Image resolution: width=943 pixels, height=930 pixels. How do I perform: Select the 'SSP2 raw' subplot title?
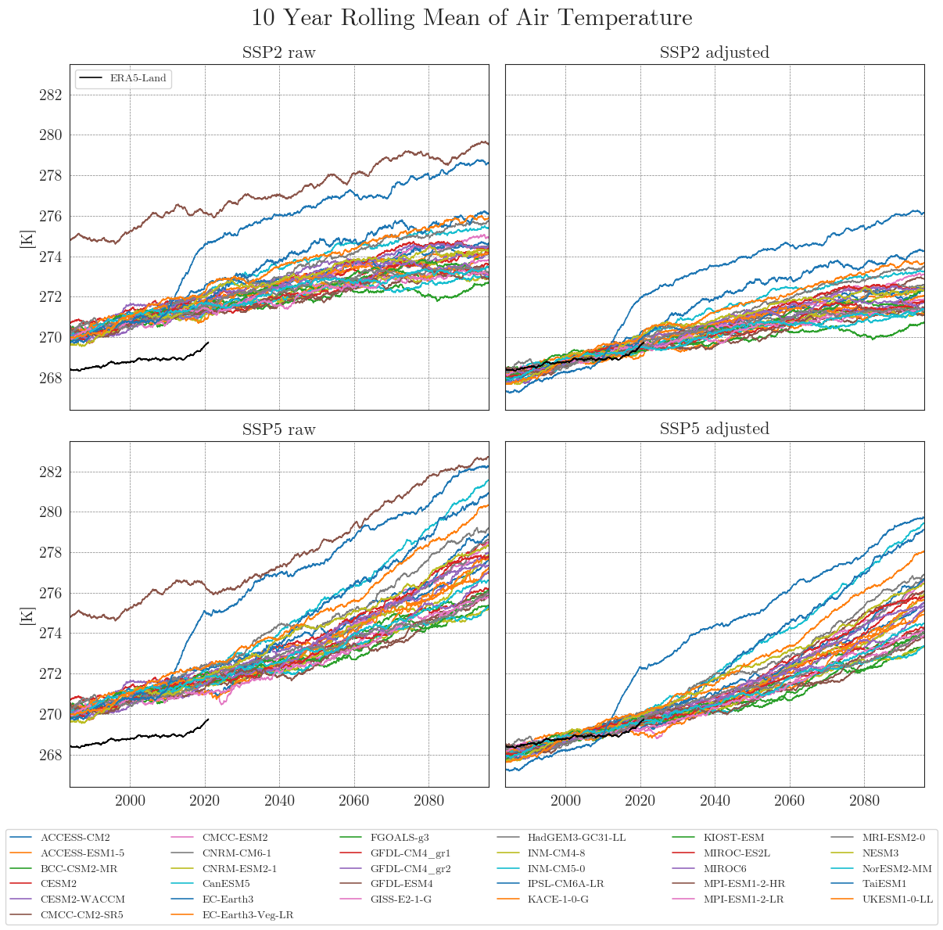279,53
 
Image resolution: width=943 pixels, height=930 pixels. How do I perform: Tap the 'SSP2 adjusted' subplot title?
715,53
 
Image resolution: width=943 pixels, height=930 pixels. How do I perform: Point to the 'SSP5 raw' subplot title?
279,429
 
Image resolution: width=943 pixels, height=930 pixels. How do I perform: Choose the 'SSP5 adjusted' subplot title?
715,429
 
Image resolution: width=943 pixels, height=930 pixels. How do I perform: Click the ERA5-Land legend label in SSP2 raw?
138,78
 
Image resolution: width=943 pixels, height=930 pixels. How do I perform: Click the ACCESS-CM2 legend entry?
75,838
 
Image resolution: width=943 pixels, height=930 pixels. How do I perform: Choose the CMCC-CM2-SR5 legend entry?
82,914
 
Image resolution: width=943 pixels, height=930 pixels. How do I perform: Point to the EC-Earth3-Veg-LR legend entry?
248,914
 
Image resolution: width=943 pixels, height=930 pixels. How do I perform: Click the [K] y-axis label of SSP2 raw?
26,238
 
